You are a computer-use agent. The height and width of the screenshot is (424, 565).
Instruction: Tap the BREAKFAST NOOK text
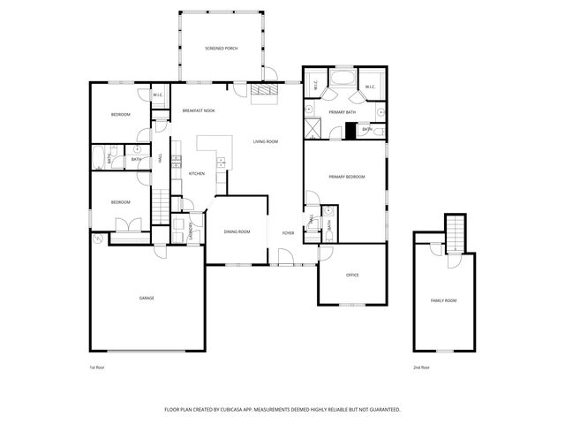pos(199,110)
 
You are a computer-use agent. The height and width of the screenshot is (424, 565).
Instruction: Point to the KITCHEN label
pos(197,173)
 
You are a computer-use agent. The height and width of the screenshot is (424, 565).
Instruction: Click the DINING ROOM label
pos(237,231)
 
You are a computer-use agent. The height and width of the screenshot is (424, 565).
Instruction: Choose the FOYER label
pos(288,232)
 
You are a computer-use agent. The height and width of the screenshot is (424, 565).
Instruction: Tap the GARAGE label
pos(147,298)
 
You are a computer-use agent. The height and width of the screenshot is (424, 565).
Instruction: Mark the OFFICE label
pos(352,275)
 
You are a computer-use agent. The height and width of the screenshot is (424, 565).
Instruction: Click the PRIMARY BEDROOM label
pos(347,177)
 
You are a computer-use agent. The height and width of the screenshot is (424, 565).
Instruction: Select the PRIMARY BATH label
pos(342,112)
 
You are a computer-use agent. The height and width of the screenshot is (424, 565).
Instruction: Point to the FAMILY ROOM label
pos(443,301)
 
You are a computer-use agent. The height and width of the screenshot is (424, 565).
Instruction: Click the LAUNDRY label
pos(191,227)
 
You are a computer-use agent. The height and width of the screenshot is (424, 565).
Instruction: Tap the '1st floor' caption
pos(97,367)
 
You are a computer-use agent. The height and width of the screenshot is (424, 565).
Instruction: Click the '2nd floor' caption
pos(421,367)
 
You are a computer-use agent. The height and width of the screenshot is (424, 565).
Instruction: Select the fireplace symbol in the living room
pos(263,93)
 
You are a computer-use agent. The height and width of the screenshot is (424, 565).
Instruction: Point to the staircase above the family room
pos(454,234)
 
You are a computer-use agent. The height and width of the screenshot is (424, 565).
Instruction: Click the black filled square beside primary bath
pos(350,131)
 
